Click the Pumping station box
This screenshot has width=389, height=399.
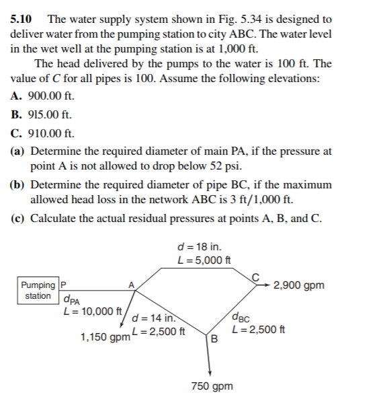pyautogui.click(x=38, y=291)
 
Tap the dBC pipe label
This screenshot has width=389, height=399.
pyautogui.click(x=241, y=318)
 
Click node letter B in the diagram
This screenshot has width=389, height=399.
pyautogui.click(x=214, y=338)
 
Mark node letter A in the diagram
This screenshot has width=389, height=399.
pyautogui.click(x=132, y=284)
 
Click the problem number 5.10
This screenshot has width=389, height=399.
pyautogui.click(x=22, y=20)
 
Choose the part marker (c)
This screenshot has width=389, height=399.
pyautogui.click(x=19, y=218)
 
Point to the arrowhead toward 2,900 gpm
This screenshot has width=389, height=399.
pyautogui.click(x=269, y=285)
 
